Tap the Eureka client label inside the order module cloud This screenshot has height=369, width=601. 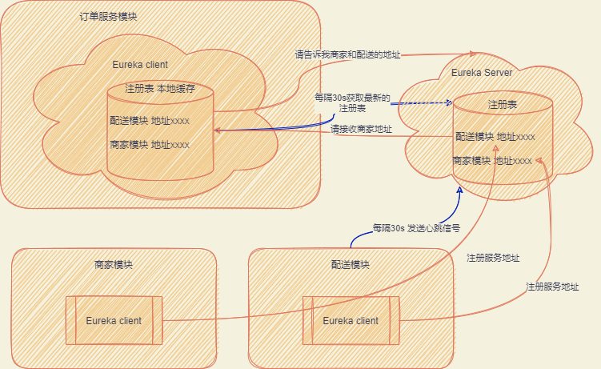coord(140,64)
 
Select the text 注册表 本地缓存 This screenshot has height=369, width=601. coord(160,88)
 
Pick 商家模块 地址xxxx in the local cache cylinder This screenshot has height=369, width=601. coord(150,145)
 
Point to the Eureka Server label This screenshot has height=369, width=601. coord(482,73)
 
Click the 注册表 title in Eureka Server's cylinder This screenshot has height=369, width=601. coord(503,105)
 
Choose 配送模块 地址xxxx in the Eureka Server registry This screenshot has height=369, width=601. coord(495,137)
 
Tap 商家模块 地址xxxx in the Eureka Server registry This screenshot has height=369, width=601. coord(492,161)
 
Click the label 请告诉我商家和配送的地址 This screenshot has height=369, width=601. coord(347,55)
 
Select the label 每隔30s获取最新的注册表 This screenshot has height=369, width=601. coord(353,102)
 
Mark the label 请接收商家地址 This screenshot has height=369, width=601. coord(362,129)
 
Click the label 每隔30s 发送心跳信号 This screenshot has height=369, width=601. coord(416,228)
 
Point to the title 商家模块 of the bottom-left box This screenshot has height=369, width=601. coord(114,265)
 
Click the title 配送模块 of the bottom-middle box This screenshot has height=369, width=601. coord(351,265)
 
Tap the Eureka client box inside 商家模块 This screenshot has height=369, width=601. coord(114,320)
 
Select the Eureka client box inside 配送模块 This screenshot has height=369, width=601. coord(351,320)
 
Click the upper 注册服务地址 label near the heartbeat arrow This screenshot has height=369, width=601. coord(493,258)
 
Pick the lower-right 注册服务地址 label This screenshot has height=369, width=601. coord(552,287)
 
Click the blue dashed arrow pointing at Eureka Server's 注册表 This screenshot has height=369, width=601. coord(423,103)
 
